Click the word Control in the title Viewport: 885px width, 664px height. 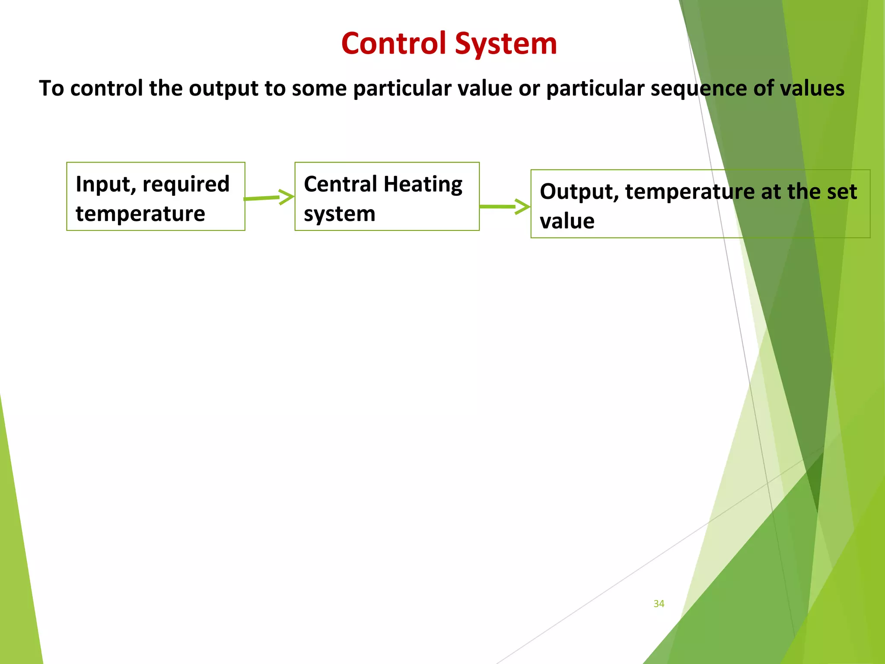pyautogui.click(x=394, y=44)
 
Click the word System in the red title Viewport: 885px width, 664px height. pyautogui.click(x=506, y=44)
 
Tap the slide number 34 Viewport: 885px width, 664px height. pyautogui.click(x=659, y=603)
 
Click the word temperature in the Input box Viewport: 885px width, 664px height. pyautogui.click(x=140, y=214)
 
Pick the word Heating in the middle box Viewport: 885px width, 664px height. pyautogui.click(x=423, y=185)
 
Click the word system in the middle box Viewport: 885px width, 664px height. pyautogui.click(x=340, y=214)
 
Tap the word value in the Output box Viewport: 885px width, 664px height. pyautogui.click(x=567, y=221)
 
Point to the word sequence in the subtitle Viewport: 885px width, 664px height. pyautogui.click(x=699, y=89)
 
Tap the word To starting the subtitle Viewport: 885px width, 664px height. pyautogui.click(x=51, y=88)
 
